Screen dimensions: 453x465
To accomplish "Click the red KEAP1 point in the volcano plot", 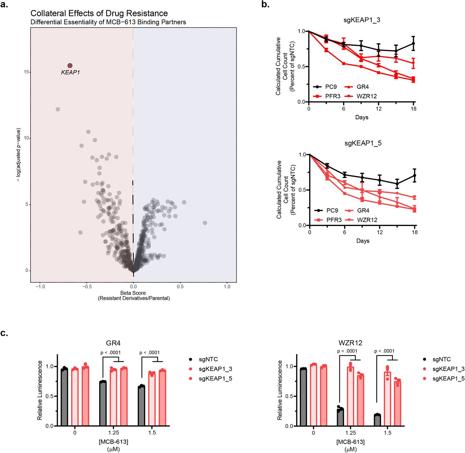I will click(x=70, y=66).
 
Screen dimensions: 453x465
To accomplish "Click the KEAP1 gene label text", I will click(x=70, y=73).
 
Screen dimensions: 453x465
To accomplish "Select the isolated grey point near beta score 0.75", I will click(x=205, y=223).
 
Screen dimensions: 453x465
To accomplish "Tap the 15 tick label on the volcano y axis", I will click(x=26, y=72).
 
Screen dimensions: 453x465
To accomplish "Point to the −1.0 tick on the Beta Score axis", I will click(x=40, y=287).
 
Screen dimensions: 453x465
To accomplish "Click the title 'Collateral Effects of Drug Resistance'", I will click(x=99, y=13).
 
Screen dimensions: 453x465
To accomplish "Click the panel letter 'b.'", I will click(x=266, y=5).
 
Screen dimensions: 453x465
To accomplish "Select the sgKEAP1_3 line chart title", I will click(x=362, y=20).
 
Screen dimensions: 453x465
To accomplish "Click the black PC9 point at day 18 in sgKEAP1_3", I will click(x=413, y=44).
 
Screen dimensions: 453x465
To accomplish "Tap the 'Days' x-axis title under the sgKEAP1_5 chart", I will click(x=363, y=241).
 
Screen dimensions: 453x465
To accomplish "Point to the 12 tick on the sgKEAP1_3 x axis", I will click(x=379, y=109).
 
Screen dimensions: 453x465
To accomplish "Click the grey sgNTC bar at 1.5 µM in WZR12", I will click(x=377, y=420).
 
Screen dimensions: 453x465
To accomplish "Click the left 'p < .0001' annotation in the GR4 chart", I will click(x=110, y=353).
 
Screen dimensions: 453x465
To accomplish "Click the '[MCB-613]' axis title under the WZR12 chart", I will click(x=351, y=442).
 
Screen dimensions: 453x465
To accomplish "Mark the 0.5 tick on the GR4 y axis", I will click(x=50, y=396).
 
